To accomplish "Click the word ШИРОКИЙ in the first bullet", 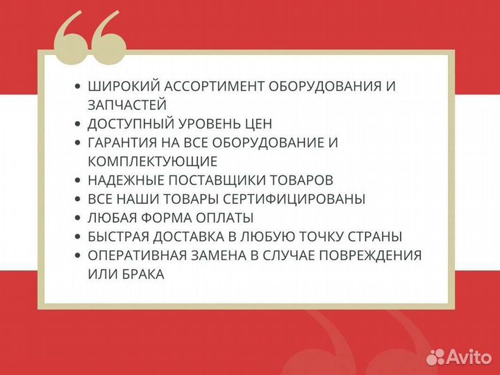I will click(119, 87).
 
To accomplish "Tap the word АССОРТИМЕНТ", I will click(206, 87).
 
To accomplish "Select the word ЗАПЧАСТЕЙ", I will click(127, 105).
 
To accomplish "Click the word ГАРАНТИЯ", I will click(123, 143).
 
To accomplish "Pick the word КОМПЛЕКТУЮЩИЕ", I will click(153, 161).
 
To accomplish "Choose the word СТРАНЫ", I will click(377, 237).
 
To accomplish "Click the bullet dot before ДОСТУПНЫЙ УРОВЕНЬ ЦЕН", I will click(78, 124).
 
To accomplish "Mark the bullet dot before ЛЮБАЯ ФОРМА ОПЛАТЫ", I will click(78, 218).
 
